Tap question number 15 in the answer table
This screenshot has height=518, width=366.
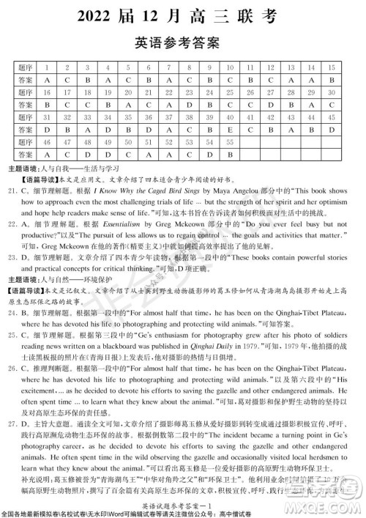(x=333, y=67)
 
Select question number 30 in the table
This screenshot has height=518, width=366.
(x=333, y=92)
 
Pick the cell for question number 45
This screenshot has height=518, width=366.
(x=333, y=117)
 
